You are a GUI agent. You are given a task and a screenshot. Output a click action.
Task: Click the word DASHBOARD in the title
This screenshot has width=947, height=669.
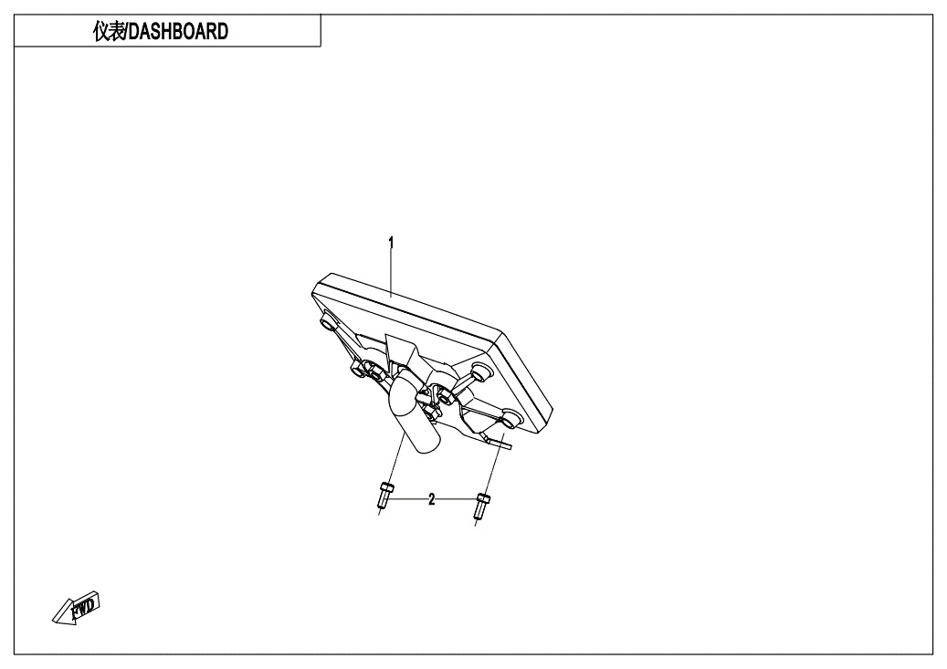pos(179,31)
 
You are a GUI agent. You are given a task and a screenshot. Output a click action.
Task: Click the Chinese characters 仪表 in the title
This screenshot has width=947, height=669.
pos(109,31)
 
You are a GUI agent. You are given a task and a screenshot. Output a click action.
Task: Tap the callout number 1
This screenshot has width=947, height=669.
pos(391,243)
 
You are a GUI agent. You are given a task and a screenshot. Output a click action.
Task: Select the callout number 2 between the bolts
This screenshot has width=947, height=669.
pos(431,499)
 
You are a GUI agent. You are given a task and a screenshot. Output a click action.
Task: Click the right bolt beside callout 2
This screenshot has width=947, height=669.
pos(482,507)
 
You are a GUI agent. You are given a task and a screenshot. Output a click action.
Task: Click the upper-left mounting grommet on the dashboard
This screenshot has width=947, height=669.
pos(327,323)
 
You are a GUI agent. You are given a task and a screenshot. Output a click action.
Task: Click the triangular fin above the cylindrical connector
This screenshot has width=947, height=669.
pos(400,352)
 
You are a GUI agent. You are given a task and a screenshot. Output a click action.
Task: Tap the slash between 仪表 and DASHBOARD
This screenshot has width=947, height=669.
pos(127,31)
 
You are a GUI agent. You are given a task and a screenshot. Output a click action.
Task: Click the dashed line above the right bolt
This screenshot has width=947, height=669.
pos(494,462)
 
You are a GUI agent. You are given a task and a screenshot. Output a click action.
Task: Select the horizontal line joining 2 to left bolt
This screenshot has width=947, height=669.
pos(409,499)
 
